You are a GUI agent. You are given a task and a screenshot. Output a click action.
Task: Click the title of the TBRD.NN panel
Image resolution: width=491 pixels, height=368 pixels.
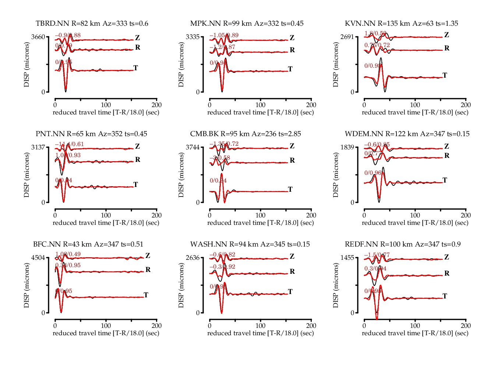pos(92,24)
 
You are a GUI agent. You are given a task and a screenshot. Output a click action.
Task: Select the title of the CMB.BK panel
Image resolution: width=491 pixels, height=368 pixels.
pos(245,134)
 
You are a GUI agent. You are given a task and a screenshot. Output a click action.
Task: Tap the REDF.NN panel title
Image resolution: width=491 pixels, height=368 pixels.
pos(403,244)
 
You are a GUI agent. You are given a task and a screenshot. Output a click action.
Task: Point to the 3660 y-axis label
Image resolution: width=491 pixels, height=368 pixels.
pos(38,37)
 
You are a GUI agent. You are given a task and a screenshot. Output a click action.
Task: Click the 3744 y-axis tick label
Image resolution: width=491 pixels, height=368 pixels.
pos(193,147)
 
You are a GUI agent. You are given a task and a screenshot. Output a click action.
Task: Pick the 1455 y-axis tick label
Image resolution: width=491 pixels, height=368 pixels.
pos(347,258)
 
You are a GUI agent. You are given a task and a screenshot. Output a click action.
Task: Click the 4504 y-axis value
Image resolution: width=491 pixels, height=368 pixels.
pos(38,258)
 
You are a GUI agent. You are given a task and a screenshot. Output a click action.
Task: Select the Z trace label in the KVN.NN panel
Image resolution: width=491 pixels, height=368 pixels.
pos(446,35)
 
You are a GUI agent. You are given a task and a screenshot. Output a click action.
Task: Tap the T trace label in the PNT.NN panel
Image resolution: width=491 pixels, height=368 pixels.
pos(136,184)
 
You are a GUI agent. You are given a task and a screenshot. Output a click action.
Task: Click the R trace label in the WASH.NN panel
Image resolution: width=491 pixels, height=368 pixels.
pos(292,272)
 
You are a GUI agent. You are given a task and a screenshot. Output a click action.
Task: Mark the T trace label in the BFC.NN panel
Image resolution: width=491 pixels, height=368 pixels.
pos(146,295)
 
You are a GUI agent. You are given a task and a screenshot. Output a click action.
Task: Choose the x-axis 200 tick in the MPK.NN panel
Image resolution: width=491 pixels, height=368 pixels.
pos(311,105)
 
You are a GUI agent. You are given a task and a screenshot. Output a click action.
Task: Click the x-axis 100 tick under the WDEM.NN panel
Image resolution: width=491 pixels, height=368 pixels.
pos(415,215)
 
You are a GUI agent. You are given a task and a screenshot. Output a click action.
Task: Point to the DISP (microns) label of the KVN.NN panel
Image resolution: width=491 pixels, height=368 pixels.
pos(336,64)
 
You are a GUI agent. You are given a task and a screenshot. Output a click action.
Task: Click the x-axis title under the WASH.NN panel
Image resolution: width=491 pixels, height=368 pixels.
pos(261,333)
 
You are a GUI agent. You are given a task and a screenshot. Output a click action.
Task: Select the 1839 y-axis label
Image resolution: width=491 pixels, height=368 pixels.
pos(347,147)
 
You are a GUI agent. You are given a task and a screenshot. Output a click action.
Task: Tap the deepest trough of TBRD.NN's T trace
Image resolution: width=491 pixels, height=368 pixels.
pos(66,91)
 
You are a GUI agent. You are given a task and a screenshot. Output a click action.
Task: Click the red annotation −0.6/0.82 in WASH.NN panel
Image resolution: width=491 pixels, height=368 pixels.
pos(222,255)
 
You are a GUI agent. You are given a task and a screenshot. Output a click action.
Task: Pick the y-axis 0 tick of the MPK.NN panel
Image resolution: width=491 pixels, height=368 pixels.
pos(198,92)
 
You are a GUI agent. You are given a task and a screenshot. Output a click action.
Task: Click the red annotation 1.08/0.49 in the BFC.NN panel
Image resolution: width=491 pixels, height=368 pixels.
pos(68,254)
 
